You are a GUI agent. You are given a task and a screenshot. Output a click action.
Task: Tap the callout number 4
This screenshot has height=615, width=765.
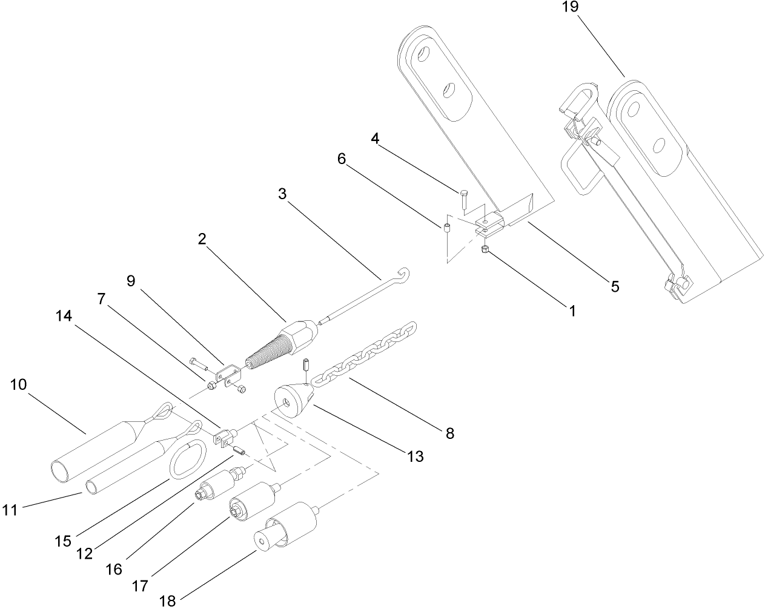376,139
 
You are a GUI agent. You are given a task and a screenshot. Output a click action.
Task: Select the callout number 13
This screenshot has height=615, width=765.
415,456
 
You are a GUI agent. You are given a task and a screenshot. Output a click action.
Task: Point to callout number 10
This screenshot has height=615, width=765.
19,385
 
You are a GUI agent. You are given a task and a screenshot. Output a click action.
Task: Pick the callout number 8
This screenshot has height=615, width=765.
449,433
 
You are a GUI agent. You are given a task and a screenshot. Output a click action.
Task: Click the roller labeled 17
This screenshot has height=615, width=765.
251,500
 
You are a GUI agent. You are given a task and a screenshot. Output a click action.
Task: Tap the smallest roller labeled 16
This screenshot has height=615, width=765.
216,484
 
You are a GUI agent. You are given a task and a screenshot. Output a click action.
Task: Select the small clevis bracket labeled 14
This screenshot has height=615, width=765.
224,436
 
